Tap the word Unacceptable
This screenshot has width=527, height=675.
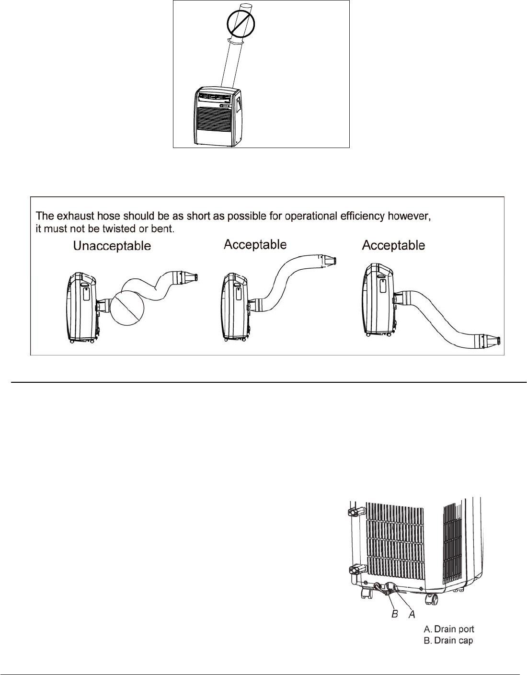112,246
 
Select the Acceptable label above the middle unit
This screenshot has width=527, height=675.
255,245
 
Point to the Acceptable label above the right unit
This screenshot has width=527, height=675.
393,245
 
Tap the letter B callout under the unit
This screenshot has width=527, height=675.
395,613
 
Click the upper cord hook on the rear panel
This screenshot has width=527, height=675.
355,512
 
